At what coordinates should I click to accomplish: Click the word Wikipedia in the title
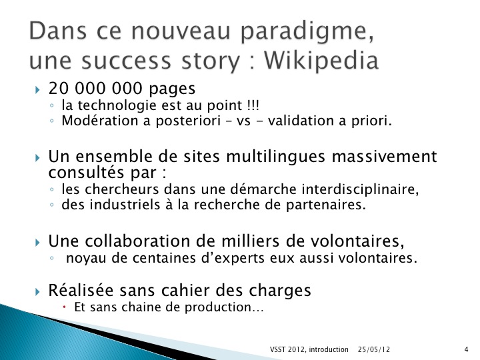tap(321, 60)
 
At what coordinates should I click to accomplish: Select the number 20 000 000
tap(95, 88)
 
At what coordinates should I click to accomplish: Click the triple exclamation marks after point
tap(253, 105)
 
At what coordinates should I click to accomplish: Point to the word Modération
tap(100, 120)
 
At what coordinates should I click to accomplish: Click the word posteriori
tap(188, 121)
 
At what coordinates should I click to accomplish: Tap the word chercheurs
tap(121, 189)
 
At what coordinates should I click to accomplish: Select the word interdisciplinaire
tap(360, 189)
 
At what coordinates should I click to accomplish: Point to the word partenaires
tap(326, 205)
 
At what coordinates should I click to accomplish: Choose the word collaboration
tap(137, 241)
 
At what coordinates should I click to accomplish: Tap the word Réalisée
tap(81, 289)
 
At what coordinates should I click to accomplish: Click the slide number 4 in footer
tap(466, 349)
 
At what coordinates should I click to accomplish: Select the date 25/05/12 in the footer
tap(374, 349)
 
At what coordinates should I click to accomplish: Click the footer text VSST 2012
tap(287, 349)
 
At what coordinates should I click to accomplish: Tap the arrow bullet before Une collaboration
tap(37, 243)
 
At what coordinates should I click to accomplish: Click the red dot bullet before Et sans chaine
tap(65, 307)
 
